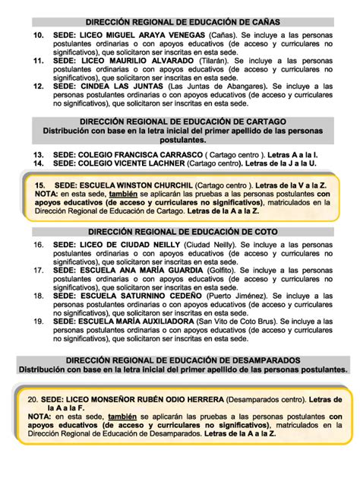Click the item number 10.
point(38,36)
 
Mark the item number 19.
point(38,322)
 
